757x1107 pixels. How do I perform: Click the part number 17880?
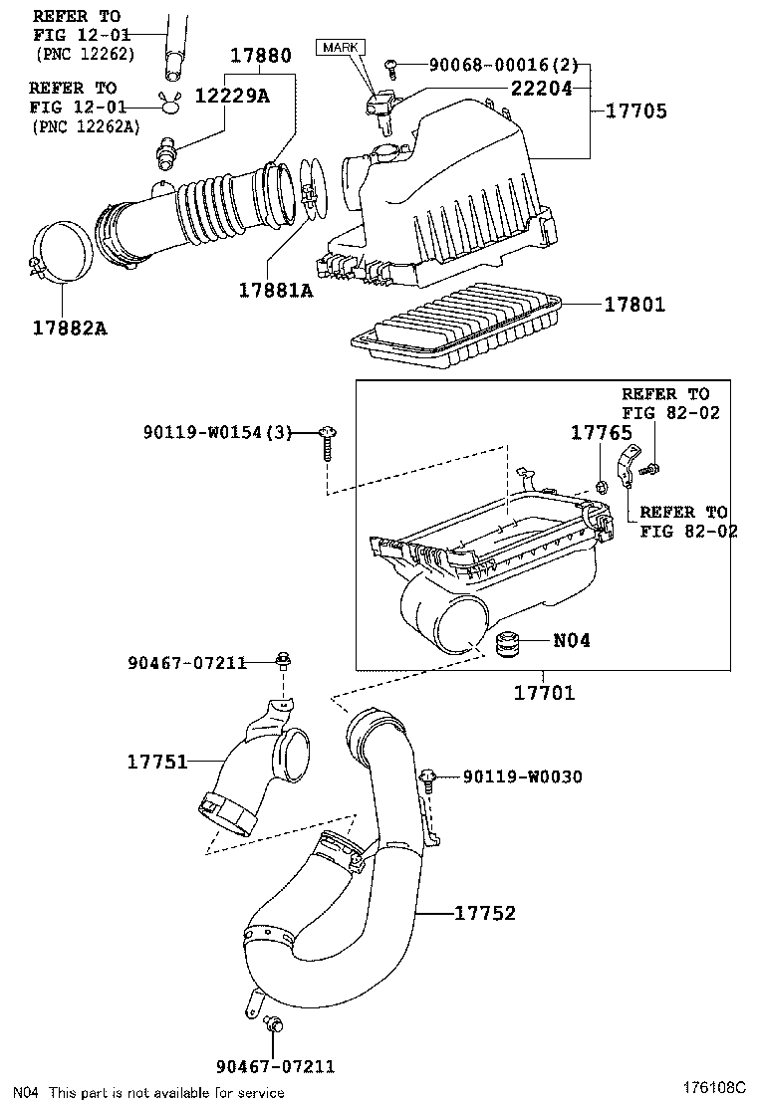click(x=261, y=55)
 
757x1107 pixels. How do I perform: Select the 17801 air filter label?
click(x=634, y=305)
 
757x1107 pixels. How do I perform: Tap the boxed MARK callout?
click(x=341, y=48)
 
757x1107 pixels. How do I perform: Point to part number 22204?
click(x=542, y=88)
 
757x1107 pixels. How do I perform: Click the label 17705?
click(x=636, y=111)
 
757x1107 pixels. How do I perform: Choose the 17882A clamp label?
click(x=70, y=329)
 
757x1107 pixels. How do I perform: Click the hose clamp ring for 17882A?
click(x=61, y=251)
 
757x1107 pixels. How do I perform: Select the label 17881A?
click(x=275, y=290)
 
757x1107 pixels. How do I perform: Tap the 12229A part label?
click(x=232, y=96)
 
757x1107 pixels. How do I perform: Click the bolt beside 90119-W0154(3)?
click(x=327, y=442)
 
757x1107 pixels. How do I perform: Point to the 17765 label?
click(x=601, y=433)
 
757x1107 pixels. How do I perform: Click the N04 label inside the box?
click(x=572, y=640)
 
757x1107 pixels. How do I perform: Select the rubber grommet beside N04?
click(x=506, y=644)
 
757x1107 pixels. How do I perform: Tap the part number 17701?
click(x=544, y=693)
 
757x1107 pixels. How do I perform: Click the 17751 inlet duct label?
click(x=157, y=762)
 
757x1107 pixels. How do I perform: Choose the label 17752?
click(x=484, y=913)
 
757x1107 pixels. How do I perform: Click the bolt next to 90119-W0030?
click(x=428, y=780)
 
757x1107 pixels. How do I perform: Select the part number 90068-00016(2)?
click(x=503, y=65)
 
